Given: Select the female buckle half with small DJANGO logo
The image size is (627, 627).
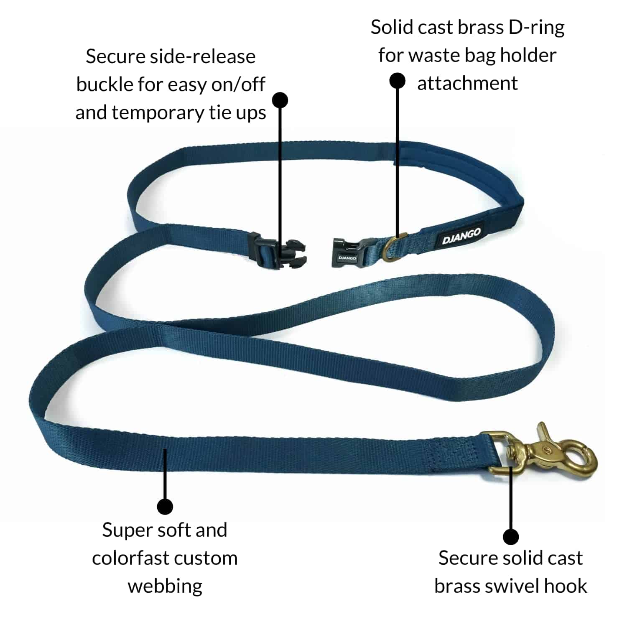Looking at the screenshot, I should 346,253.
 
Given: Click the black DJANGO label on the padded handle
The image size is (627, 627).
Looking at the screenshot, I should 461,236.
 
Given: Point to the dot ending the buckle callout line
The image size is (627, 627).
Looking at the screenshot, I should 280,100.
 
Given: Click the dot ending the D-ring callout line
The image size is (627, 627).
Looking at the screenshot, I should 397,81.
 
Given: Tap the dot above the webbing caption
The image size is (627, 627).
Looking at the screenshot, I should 165,506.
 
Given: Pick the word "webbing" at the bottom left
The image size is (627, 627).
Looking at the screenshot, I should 165,586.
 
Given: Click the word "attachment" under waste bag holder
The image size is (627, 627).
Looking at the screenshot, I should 467,83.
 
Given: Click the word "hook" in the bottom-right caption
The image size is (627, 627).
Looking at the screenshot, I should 568,586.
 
